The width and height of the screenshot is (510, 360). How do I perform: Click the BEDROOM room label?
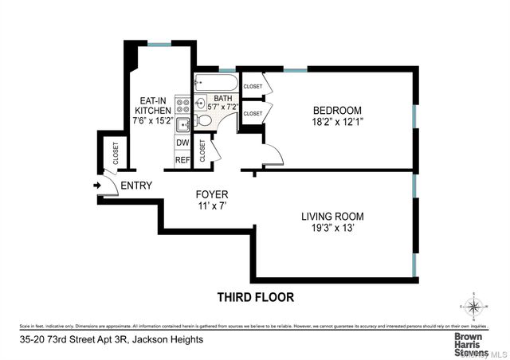tap(337, 110)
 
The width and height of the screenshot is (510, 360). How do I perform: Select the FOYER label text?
tap(213, 194)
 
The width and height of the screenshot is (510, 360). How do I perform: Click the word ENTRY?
tap(135, 186)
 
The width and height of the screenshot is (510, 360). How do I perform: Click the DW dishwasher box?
tap(182, 143)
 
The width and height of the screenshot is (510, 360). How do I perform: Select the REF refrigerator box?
tap(182, 160)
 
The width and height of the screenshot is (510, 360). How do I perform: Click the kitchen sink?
tap(182, 123)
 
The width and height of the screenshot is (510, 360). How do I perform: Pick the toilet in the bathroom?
tap(203, 121)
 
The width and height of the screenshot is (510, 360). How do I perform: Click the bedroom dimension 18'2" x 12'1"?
tap(337, 123)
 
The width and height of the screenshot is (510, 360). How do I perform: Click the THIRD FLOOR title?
tap(256, 297)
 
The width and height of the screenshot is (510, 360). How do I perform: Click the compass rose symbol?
tap(474, 307)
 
